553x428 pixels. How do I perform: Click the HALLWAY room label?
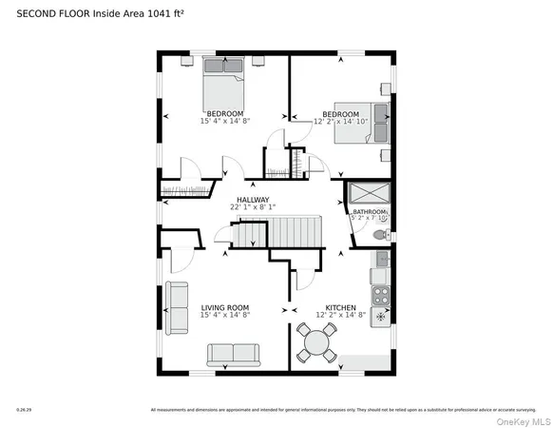253,200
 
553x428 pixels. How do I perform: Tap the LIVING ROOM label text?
224,307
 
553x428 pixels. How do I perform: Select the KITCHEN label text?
340,307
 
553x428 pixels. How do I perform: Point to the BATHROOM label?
370,211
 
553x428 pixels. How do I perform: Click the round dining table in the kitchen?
317,340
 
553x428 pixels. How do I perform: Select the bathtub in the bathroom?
369,193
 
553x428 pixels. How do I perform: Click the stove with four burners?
380,294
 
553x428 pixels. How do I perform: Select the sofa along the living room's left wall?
177,308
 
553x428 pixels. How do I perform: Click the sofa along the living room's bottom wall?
234,355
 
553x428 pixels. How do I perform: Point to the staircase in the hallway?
276,231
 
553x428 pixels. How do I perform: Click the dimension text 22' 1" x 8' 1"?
253,207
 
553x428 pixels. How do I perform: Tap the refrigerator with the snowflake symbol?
380,316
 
